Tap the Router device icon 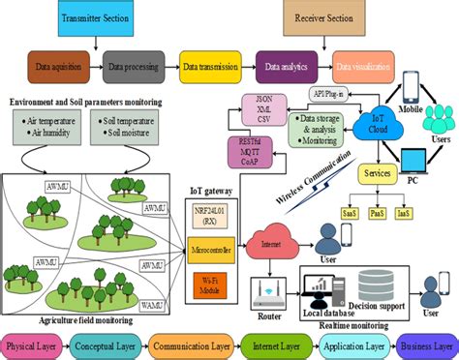click(267, 289)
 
